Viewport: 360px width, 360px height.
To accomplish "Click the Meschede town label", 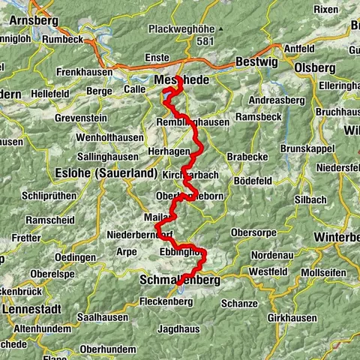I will click(x=175, y=79).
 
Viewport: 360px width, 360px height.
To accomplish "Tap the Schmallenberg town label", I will click(x=180, y=280).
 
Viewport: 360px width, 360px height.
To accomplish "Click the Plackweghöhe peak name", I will click(x=181, y=29).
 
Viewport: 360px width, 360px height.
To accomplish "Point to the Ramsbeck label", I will click(x=258, y=118).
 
